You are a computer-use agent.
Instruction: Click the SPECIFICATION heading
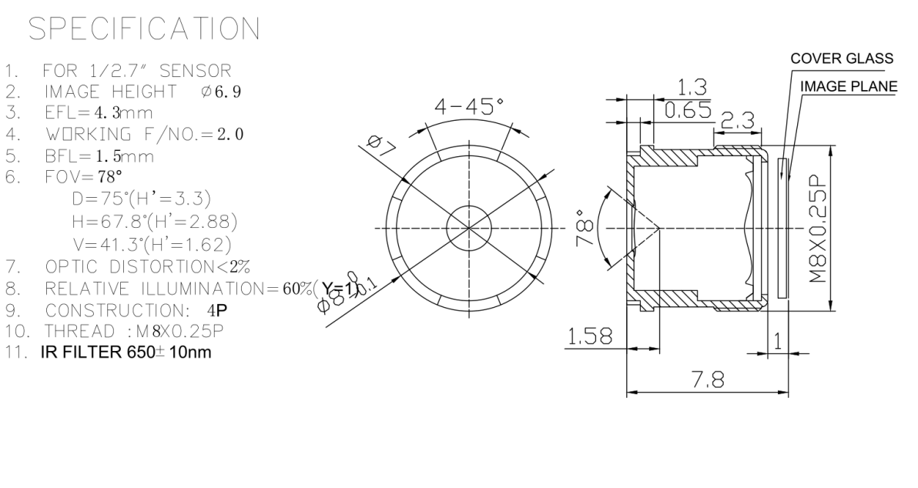pos(144,29)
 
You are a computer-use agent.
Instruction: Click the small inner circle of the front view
pos(469,228)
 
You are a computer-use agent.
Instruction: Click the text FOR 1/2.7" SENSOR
pos(137,72)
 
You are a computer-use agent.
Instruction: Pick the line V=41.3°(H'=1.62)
pos(152,245)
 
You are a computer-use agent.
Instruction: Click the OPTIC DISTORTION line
pos(148,267)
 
